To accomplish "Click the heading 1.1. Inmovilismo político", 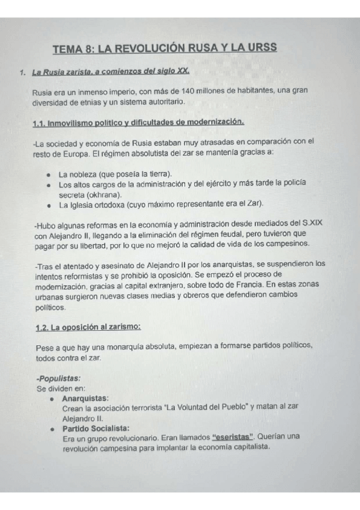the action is (x=138, y=123).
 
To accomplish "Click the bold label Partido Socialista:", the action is (x=95, y=428).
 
